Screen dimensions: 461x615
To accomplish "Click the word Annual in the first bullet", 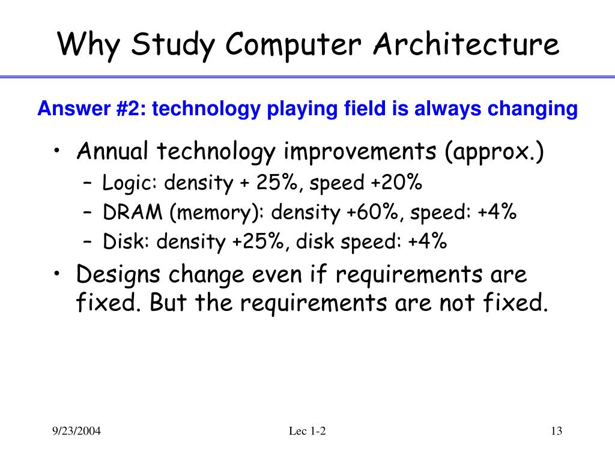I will [x=112, y=152].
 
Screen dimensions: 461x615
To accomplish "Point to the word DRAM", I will [x=125, y=212].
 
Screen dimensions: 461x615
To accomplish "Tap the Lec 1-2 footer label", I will [x=307, y=432].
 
